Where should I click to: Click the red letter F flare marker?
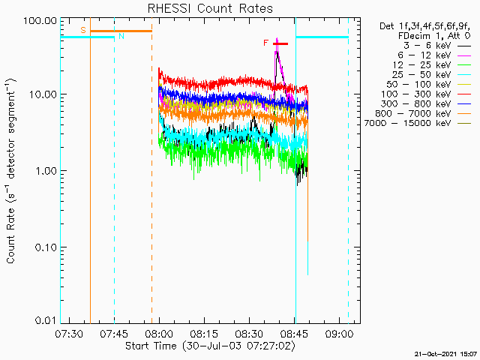coord(265,43)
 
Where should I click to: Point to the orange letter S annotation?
coord(82,29)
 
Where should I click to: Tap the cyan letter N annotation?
coord(121,36)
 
